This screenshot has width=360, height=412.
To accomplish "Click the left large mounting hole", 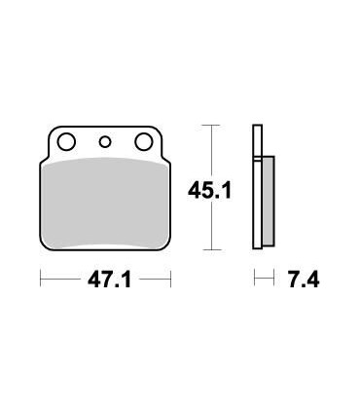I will click(x=66, y=143).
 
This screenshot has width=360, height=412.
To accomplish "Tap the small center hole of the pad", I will click(x=105, y=143).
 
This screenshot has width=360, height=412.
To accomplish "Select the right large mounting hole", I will click(x=144, y=143).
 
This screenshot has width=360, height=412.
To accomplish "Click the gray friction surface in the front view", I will click(x=105, y=200).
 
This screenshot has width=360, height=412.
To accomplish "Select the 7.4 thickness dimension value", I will click(x=304, y=281).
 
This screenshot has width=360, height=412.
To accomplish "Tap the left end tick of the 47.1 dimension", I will click(x=41, y=280).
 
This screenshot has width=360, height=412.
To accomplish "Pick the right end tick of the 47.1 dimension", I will click(x=170, y=280).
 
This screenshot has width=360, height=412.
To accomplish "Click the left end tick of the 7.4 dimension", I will click(x=255, y=280).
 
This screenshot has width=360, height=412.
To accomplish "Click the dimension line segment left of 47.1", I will click(x=58, y=280).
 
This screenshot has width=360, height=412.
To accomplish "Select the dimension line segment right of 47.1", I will click(x=154, y=280).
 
